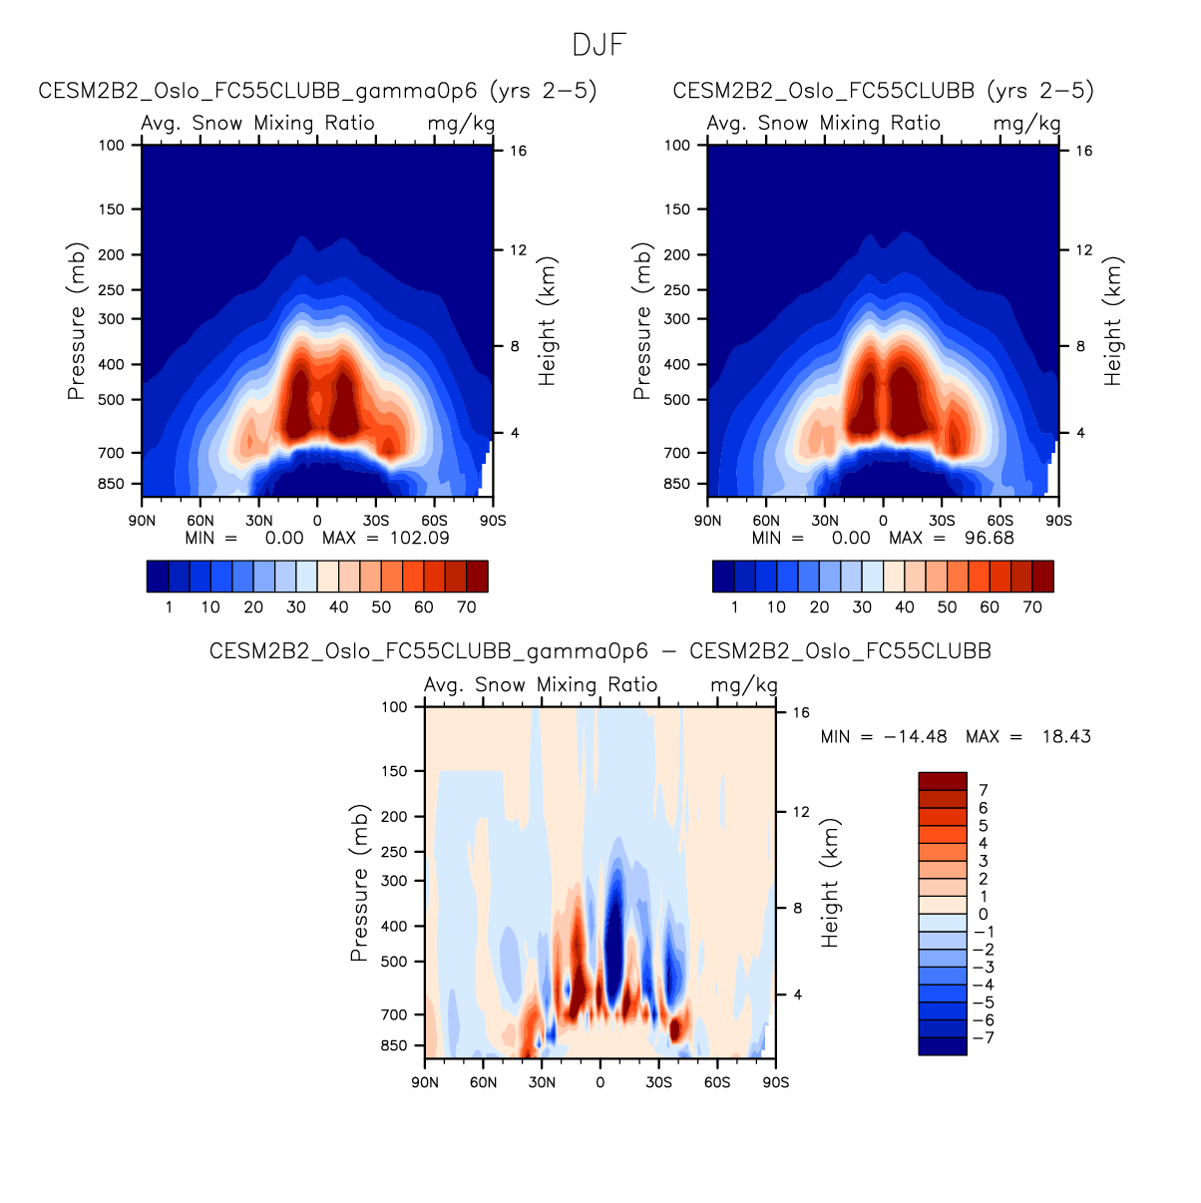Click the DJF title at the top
coord(600,46)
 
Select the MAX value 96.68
coord(987,538)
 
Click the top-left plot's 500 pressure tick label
coord(112,400)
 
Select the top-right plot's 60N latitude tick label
coord(766,521)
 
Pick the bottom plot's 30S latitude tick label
coord(658,1082)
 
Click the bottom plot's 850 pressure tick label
coord(394,1045)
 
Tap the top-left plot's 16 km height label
coord(519,151)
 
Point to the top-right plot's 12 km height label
coord(1084,249)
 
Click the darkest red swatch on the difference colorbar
coord(943,781)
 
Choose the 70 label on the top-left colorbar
coord(466,606)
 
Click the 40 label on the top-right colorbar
coord(905,606)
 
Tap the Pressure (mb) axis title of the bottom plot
coord(359,883)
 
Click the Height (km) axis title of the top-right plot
coord(1113,321)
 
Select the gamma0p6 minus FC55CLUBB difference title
coord(600,651)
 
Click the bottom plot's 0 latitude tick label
coord(600,1082)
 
